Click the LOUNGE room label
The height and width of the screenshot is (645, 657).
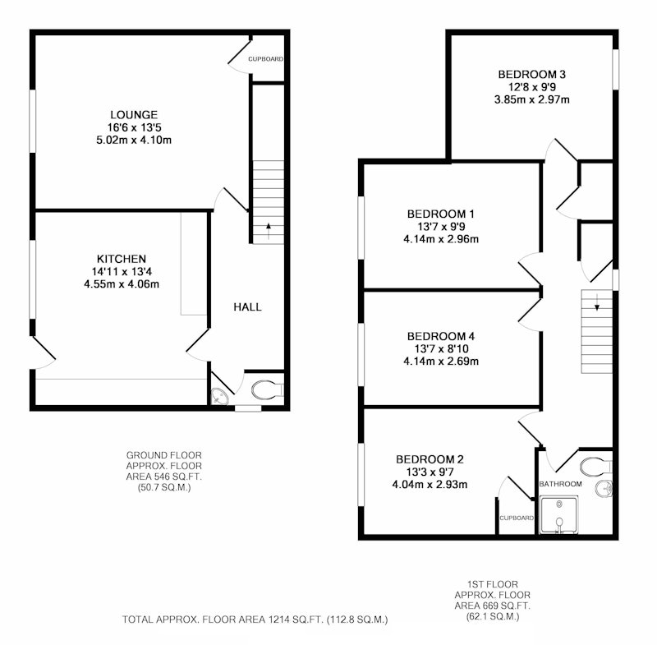pyautogui.click(x=134, y=114)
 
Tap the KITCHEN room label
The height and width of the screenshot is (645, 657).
pyautogui.click(x=122, y=259)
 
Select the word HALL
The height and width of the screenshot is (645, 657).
pyautogui.click(x=248, y=307)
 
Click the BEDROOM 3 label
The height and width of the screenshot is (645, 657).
pyautogui.click(x=531, y=74)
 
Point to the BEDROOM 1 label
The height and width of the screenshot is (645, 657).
pyautogui.click(x=441, y=214)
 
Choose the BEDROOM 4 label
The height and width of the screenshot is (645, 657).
pyautogui.click(x=441, y=336)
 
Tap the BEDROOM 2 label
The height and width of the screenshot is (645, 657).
pyautogui.click(x=430, y=459)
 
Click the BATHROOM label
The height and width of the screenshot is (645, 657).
pyautogui.click(x=560, y=484)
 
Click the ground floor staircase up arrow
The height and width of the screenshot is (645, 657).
pyautogui.click(x=269, y=231)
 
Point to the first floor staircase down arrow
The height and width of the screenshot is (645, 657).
pyautogui.click(x=597, y=302)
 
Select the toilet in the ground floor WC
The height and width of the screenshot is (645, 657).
pyautogui.click(x=268, y=390)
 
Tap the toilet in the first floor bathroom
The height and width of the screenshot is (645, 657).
pyautogui.click(x=596, y=466)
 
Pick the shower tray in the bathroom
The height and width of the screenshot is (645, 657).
pyautogui.click(x=559, y=515)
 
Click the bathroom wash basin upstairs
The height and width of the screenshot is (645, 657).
pyautogui.click(x=604, y=489)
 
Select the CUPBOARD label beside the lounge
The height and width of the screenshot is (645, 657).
pyautogui.click(x=265, y=59)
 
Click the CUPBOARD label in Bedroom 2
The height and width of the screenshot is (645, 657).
pyautogui.click(x=517, y=518)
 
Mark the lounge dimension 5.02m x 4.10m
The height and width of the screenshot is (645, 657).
pyautogui.click(x=134, y=140)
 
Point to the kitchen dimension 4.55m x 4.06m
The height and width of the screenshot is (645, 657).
pyautogui.click(x=122, y=284)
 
